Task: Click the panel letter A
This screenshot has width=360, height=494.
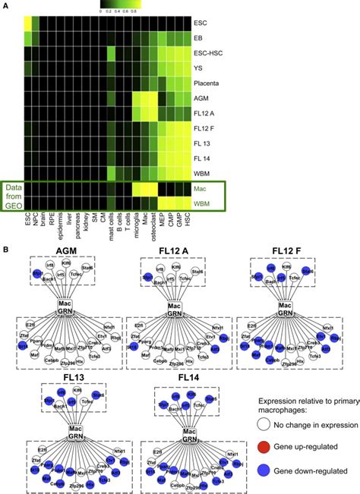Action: click(x=5, y=6)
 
